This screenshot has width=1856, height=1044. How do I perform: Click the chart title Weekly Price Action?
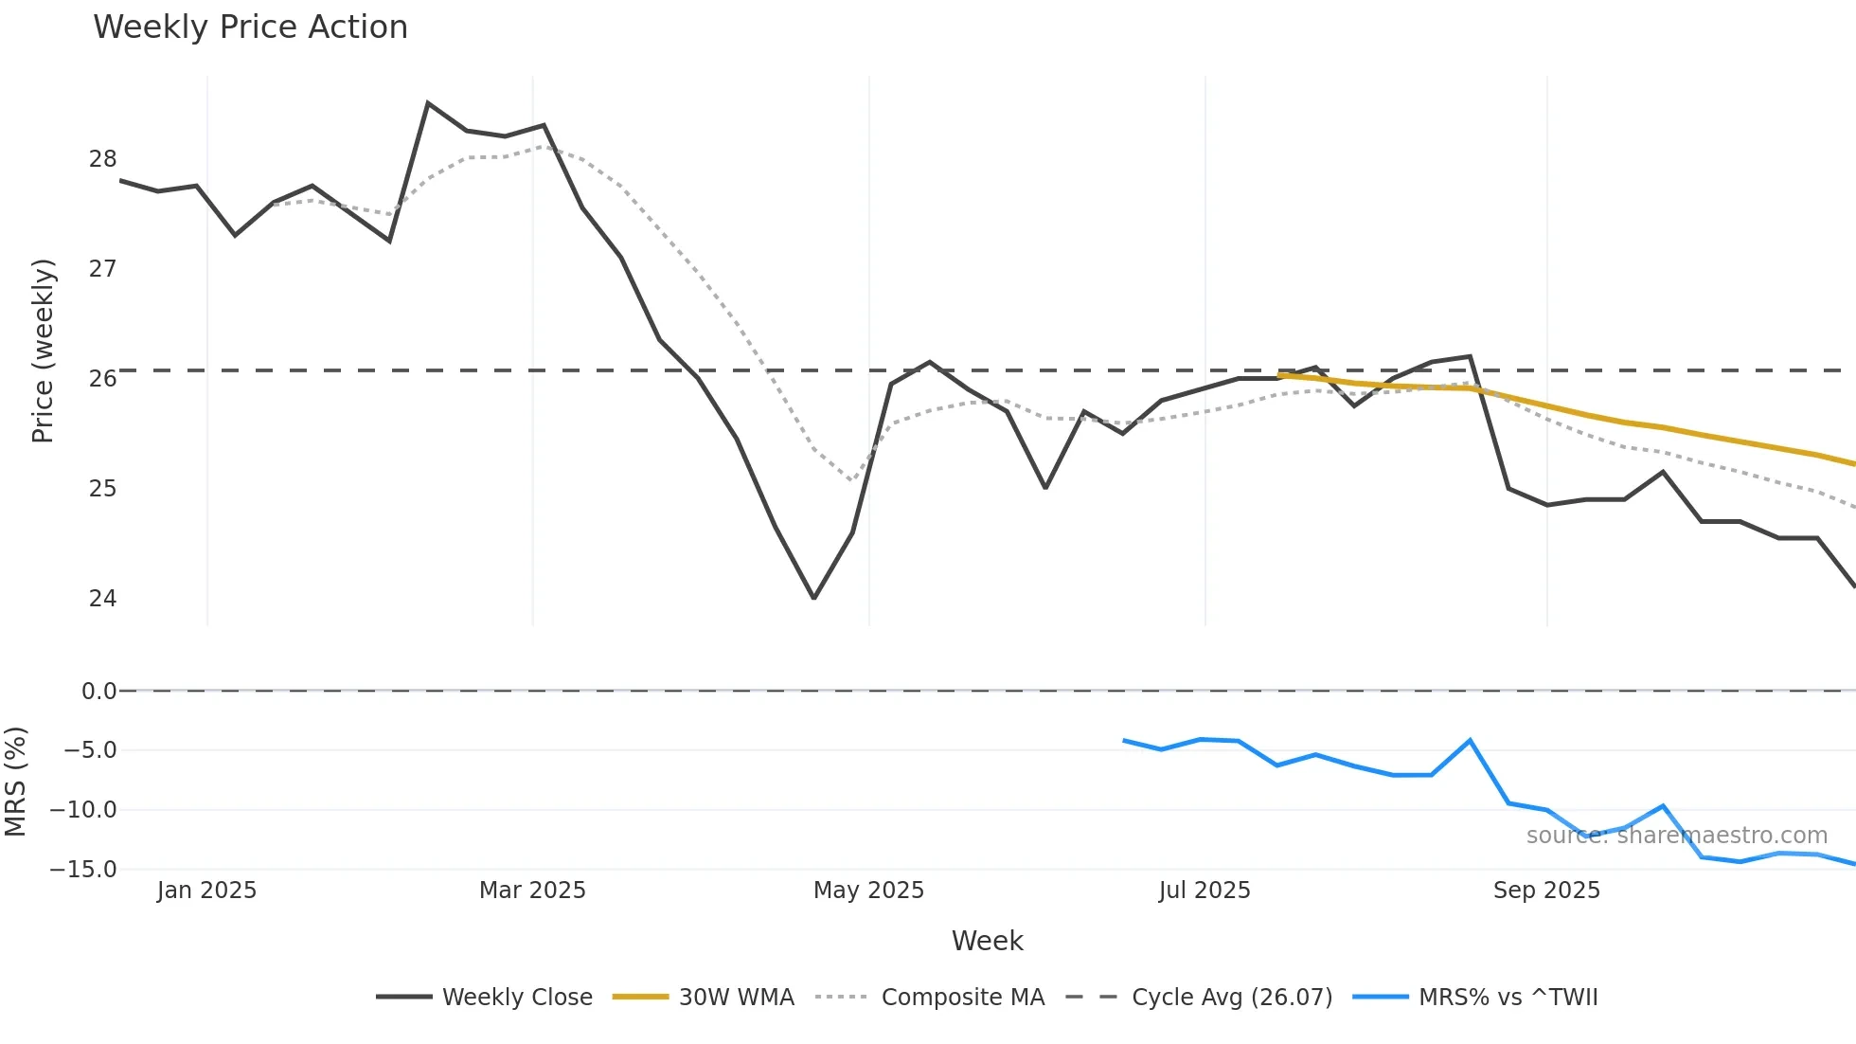coord(250,27)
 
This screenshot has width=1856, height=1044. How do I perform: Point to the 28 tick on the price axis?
coord(102,159)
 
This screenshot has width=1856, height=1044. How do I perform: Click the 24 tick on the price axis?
coord(102,599)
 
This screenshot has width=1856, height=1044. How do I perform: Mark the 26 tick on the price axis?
coord(102,379)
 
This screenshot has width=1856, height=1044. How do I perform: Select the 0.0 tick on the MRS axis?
coord(98,692)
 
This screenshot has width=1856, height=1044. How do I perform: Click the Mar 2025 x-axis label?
coord(532,891)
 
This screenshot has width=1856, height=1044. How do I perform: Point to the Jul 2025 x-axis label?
coord(1205,891)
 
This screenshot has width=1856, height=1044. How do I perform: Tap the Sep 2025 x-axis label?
coord(1546,891)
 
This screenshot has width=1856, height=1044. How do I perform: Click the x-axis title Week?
coord(987,941)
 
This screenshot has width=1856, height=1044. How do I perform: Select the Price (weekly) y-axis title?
coord(44,351)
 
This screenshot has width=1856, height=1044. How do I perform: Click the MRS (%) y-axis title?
coord(16,782)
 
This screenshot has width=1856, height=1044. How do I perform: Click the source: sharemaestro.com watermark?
coord(1676,836)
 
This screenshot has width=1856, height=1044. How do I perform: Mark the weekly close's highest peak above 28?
coord(428,103)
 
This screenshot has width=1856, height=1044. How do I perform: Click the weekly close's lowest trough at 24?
coord(813,598)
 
